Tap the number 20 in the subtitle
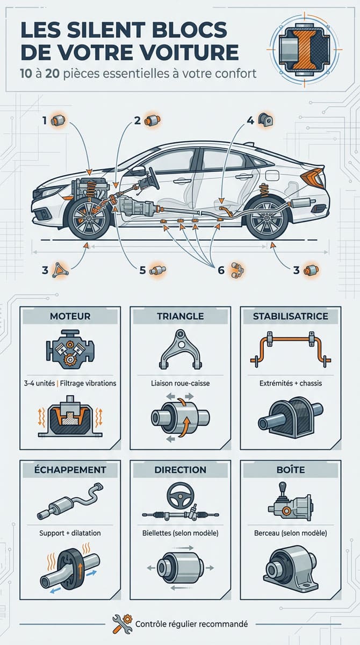click(x=52, y=74)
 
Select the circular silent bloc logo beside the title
click(x=305, y=50)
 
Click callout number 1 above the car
click(x=45, y=120)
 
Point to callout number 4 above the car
click(x=250, y=120)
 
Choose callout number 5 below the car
click(x=142, y=270)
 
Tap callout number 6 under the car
click(x=221, y=270)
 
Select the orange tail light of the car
click(x=312, y=176)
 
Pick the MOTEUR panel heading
click(x=70, y=316)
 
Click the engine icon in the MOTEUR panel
click(x=70, y=349)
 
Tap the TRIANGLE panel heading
click(x=181, y=316)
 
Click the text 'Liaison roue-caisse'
click(x=181, y=383)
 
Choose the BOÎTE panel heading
click(x=291, y=470)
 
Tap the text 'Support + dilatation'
click(x=70, y=533)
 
